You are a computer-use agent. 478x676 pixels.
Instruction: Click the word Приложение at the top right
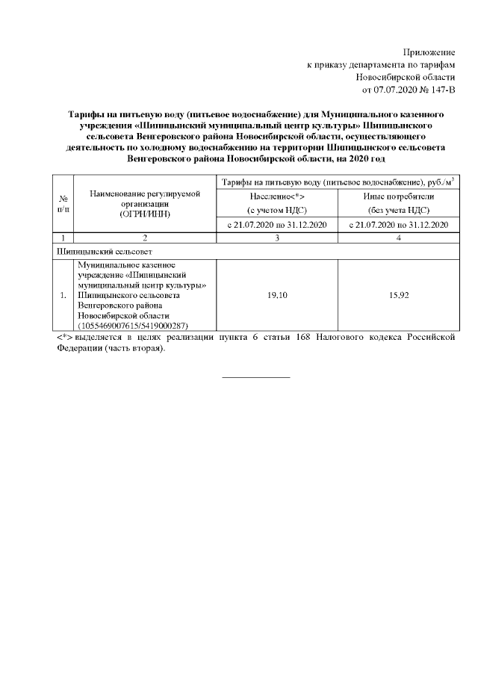click(429, 52)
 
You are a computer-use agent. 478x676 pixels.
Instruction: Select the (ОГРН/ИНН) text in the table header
click(146, 214)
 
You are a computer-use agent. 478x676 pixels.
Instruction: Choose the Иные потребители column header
click(393, 196)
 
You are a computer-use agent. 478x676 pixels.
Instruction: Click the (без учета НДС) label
click(393, 210)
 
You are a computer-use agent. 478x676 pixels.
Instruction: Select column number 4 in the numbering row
click(393, 238)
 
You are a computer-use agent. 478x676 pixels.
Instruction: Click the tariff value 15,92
click(393, 296)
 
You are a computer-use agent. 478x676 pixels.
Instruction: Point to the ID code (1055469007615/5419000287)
click(132, 326)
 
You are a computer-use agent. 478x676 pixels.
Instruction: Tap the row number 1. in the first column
click(63, 296)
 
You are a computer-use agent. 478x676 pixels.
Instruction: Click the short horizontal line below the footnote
click(255, 376)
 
